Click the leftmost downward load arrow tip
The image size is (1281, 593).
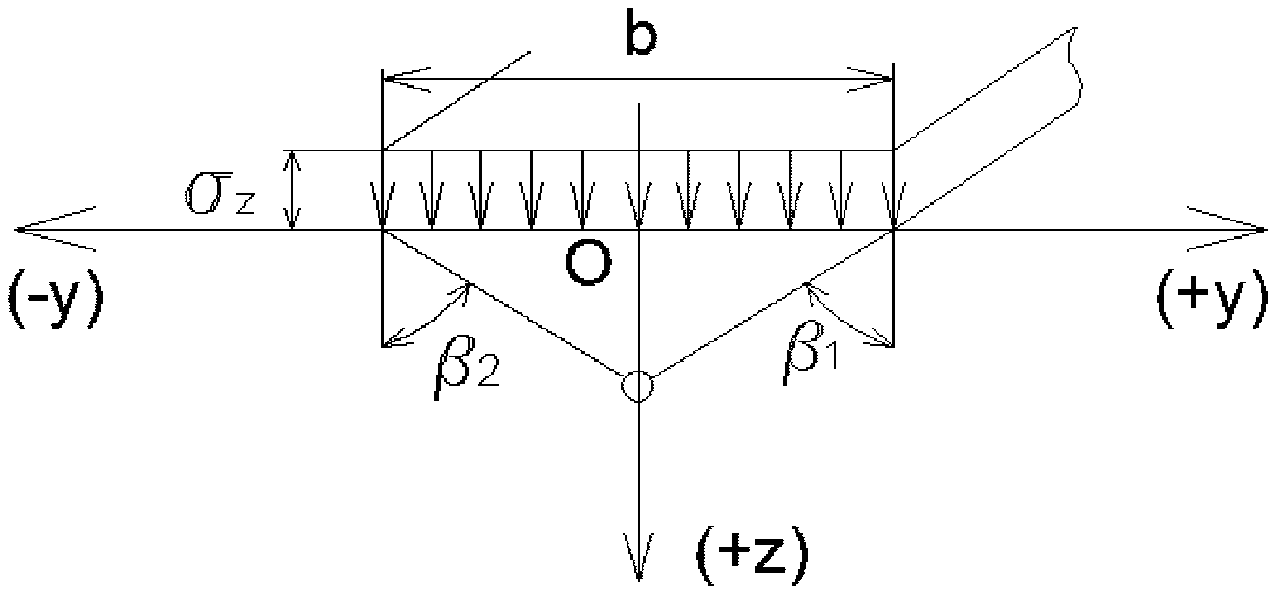point(381,229)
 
